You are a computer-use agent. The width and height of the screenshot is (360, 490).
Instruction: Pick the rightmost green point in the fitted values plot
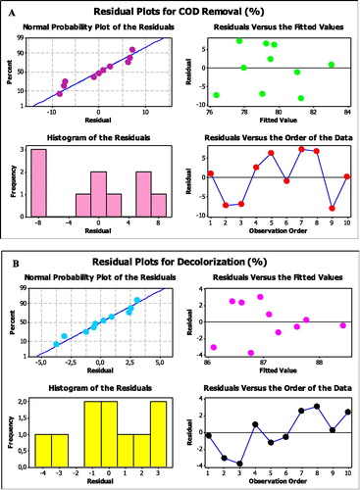(x=332, y=65)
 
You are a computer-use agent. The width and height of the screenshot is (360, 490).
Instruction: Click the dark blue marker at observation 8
(x=317, y=406)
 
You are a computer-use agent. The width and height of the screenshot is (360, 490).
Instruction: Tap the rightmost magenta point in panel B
(x=342, y=325)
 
